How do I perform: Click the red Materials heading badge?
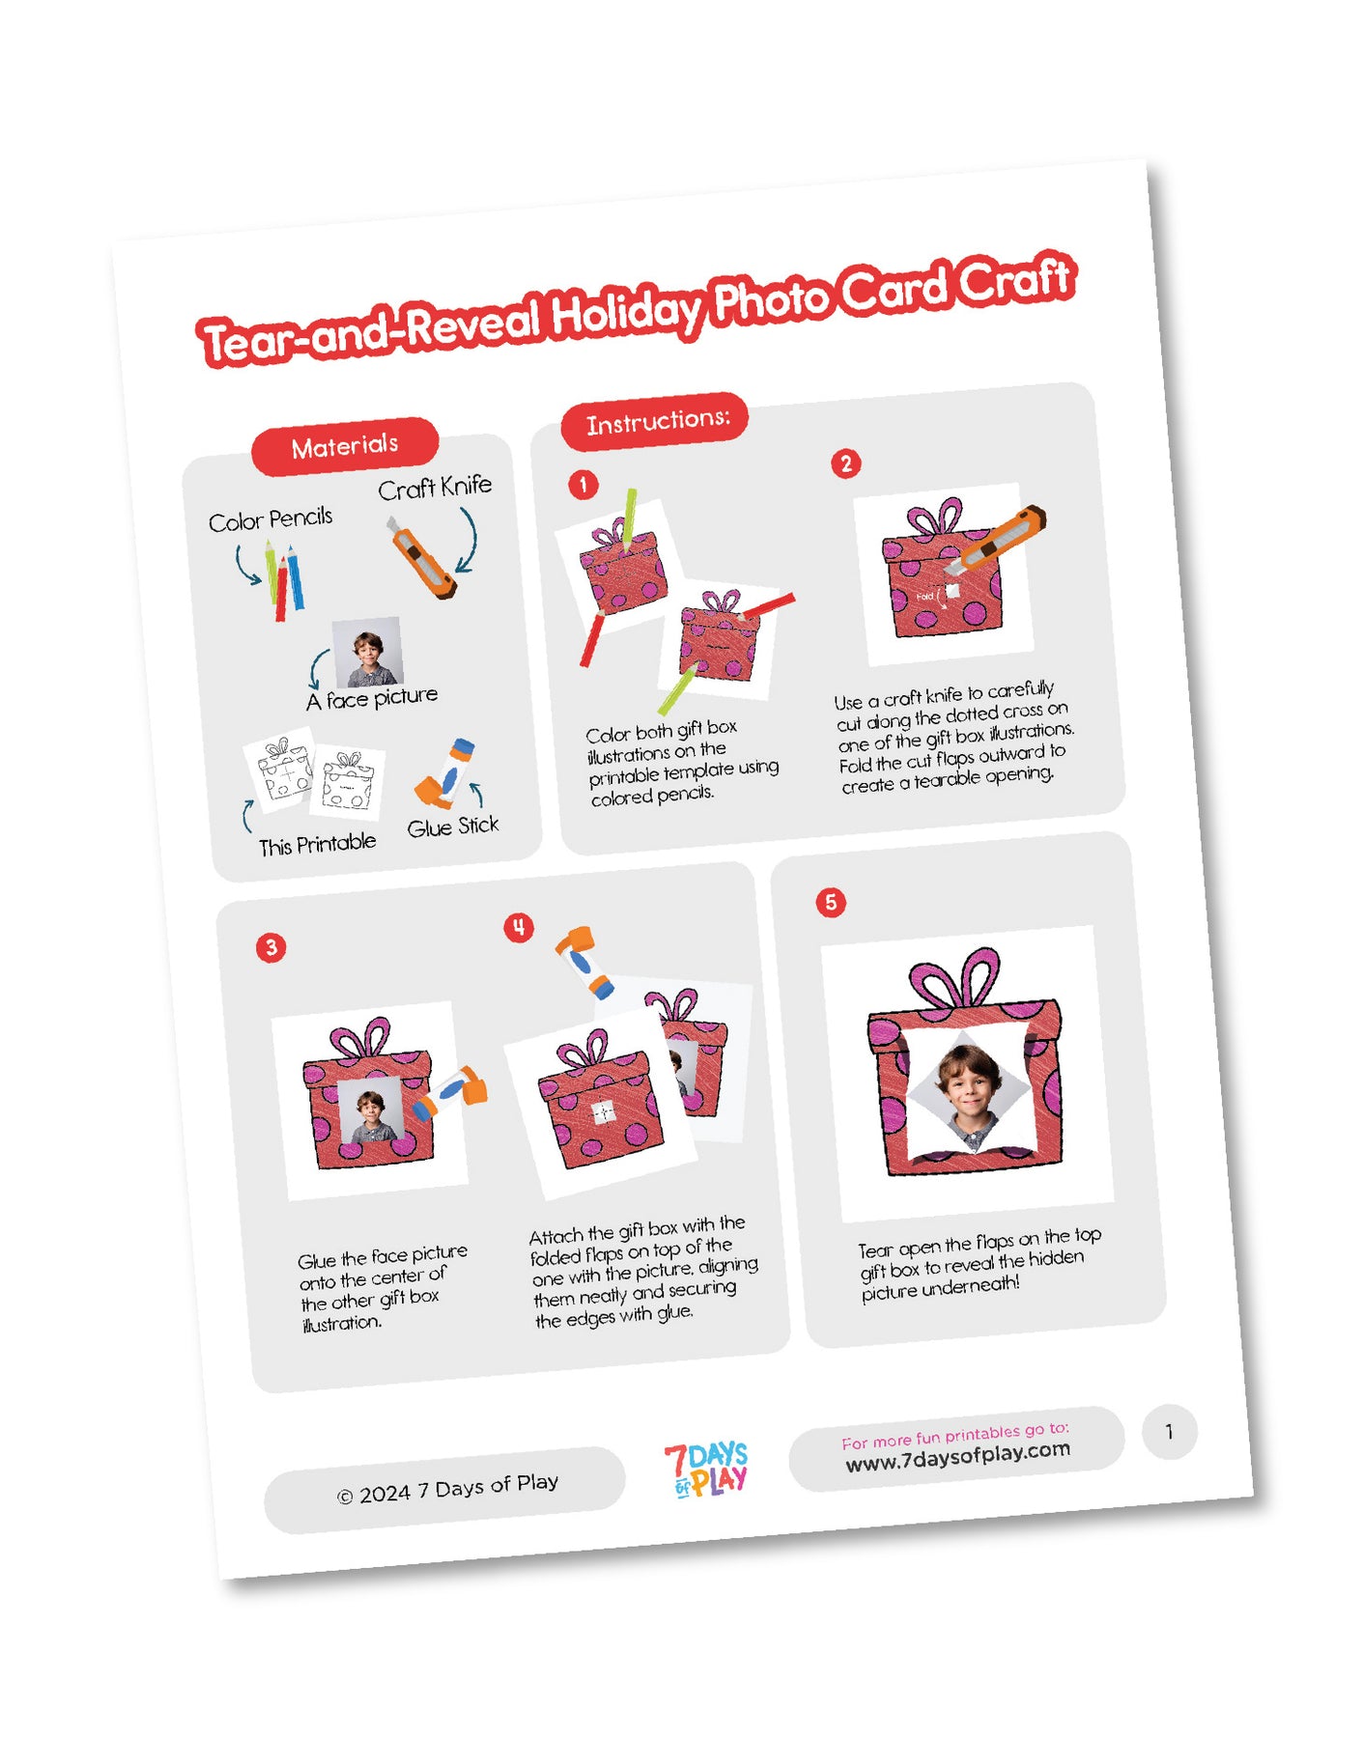[x=345, y=446]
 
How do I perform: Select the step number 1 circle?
[x=583, y=484]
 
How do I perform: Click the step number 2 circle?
[x=846, y=463]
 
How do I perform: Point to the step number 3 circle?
[x=271, y=947]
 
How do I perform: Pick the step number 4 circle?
[x=519, y=928]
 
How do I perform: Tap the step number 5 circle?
[x=831, y=903]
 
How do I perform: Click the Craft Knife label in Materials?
[x=435, y=488]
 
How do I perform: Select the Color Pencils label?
[x=270, y=519]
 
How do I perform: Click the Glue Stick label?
[x=453, y=827]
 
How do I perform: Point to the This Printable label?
[x=317, y=844]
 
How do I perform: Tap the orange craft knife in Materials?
[x=422, y=558]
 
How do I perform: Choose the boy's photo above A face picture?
[x=367, y=653]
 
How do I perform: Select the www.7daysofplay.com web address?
[x=957, y=1456]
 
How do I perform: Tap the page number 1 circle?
[x=1169, y=1432]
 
